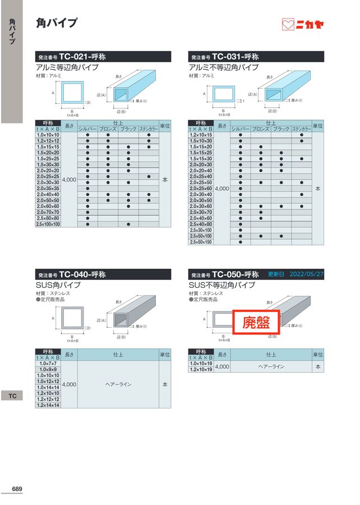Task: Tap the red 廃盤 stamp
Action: [x=256, y=323]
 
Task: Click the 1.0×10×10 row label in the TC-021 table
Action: [x=48, y=135]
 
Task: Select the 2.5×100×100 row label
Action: [x=48, y=224]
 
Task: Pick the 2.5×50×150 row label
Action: [x=201, y=242]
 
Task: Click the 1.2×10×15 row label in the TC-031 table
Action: [x=201, y=135]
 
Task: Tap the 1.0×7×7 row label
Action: [x=48, y=364]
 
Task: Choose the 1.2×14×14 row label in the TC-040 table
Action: [x=48, y=405]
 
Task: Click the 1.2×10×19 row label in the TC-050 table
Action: [x=201, y=370]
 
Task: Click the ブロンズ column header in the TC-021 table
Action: [x=108, y=129]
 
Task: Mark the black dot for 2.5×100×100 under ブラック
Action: [x=128, y=224]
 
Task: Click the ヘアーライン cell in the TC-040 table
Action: [x=118, y=384]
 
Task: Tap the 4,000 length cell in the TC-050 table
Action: [x=222, y=366]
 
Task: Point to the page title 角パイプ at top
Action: [x=57, y=23]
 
